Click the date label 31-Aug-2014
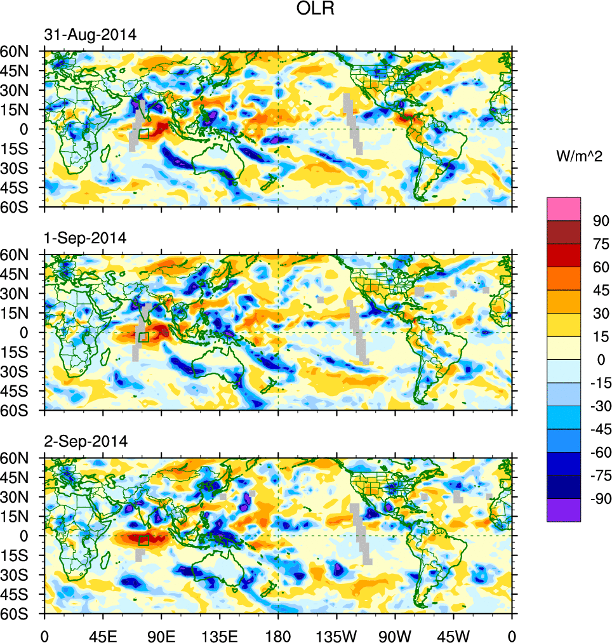[x=90, y=36]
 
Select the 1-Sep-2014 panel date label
[x=86, y=238]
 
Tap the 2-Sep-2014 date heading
[x=86, y=441]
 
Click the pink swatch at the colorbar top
[x=564, y=209]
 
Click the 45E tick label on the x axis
[x=103, y=635]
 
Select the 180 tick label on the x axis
[x=278, y=635]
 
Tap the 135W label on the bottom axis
[x=336, y=635]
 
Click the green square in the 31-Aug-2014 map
[x=143, y=133]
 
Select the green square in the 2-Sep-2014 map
[x=143, y=540]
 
